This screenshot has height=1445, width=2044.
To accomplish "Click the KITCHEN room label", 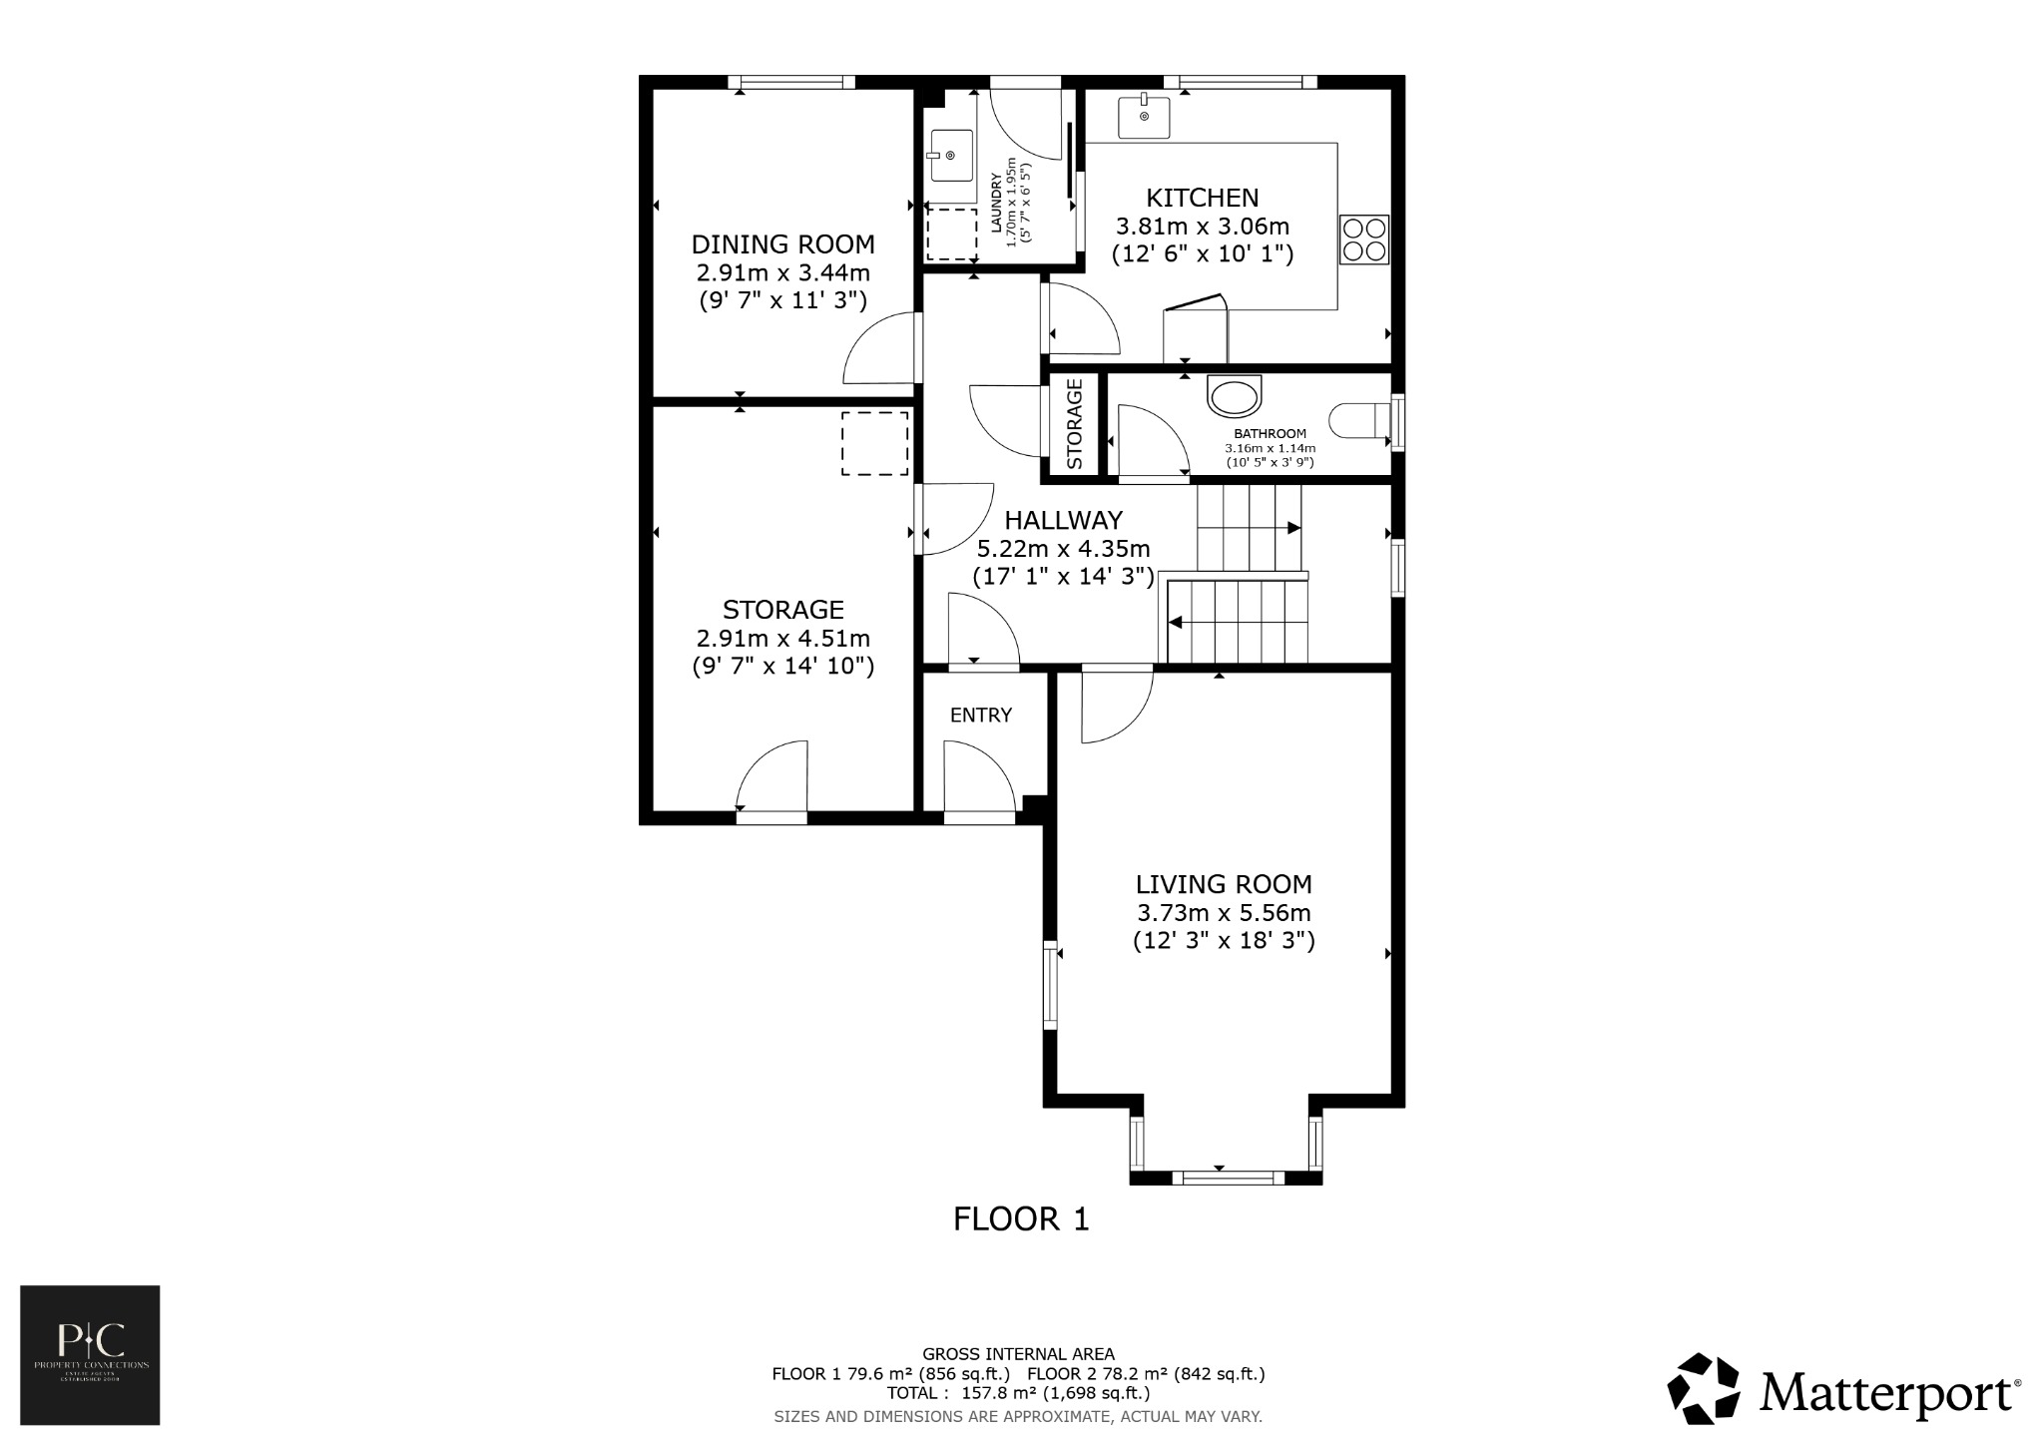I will pyautogui.click(x=1202, y=198).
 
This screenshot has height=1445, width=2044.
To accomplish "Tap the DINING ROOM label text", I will pyautogui.click(x=782, y=244).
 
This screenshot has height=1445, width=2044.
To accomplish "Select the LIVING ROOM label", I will pyautogui.click(x=1223, y=884).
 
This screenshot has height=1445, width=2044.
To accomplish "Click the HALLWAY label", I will pyautogui.click(x=1063, y=520).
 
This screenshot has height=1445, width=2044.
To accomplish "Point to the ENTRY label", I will pyautogui.click(x=980, y=716).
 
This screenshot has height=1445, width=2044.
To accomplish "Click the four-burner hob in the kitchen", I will pyautogui.click(x=1363, y=240).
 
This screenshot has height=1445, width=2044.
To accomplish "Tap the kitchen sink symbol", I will pyautogui.click(x=1144, y=116).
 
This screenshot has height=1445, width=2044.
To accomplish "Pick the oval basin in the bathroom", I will pyautogui.click(x=1235, y=395).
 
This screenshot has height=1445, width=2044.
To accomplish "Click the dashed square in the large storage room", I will pyautogui.click(x=874, y=443).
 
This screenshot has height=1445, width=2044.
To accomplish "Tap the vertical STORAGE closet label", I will pyautogui.click(x=1074, y=424).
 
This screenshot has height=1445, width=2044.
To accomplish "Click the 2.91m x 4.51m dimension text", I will pyautogui.click(x=782, y=639).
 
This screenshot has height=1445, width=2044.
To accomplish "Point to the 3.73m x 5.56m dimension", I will pyautogui.click(x=1223, y=913).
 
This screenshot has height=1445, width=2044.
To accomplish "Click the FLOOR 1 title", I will pyautogui.click(x=1020, y=1219).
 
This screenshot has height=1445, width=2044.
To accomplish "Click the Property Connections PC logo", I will pyautogui.click(x=90, y=1354).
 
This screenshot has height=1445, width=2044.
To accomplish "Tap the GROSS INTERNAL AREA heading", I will pyautogui.click(x=1018, y=1354).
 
